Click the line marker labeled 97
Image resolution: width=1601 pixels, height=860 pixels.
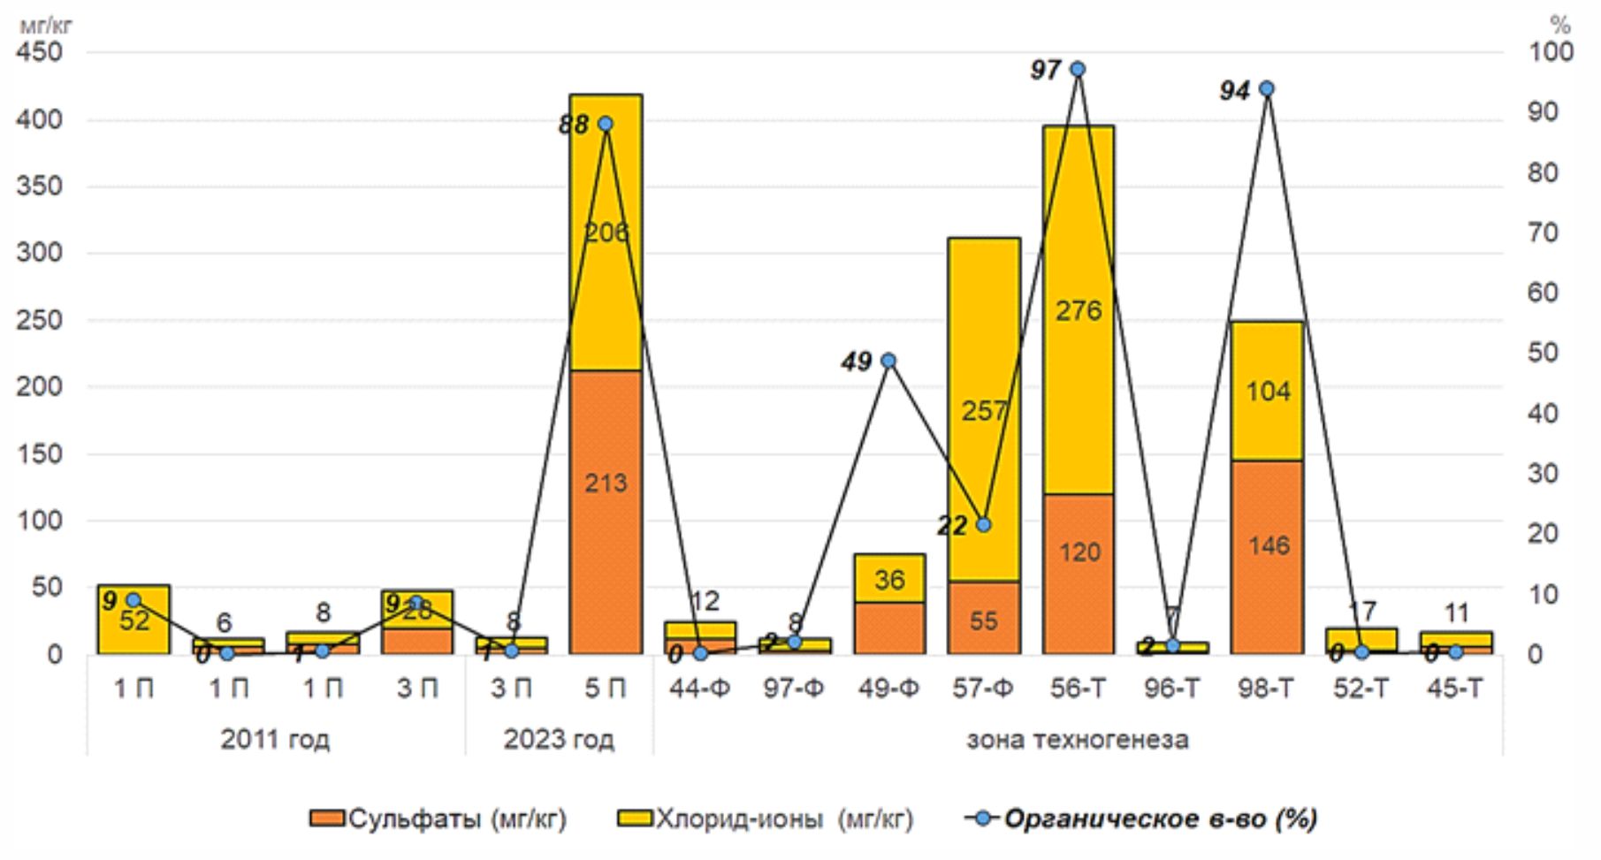tap(1078, 69)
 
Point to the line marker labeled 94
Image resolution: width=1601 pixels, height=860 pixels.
tap(1266, 88)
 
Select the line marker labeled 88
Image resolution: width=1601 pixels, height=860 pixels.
tap(606, 124)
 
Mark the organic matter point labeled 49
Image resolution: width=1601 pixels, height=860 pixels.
tap(888, 361)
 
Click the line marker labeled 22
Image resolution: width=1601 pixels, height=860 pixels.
tap(983, 524)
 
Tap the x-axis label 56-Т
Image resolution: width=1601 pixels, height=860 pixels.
tap(1078, 689)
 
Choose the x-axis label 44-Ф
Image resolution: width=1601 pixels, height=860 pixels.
tap(699, 689)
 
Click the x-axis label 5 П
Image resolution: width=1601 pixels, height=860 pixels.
tap(606, 689)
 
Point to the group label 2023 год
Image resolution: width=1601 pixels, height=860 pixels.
tap(559, 739)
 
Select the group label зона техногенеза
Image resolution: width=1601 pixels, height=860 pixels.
tap(1077, 739)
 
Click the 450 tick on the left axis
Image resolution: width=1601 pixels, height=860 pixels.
tap(39, 52)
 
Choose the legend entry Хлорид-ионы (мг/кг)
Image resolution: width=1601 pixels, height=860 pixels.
tap(766, 818)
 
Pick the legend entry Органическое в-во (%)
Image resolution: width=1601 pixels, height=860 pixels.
tap(1142, 818)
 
